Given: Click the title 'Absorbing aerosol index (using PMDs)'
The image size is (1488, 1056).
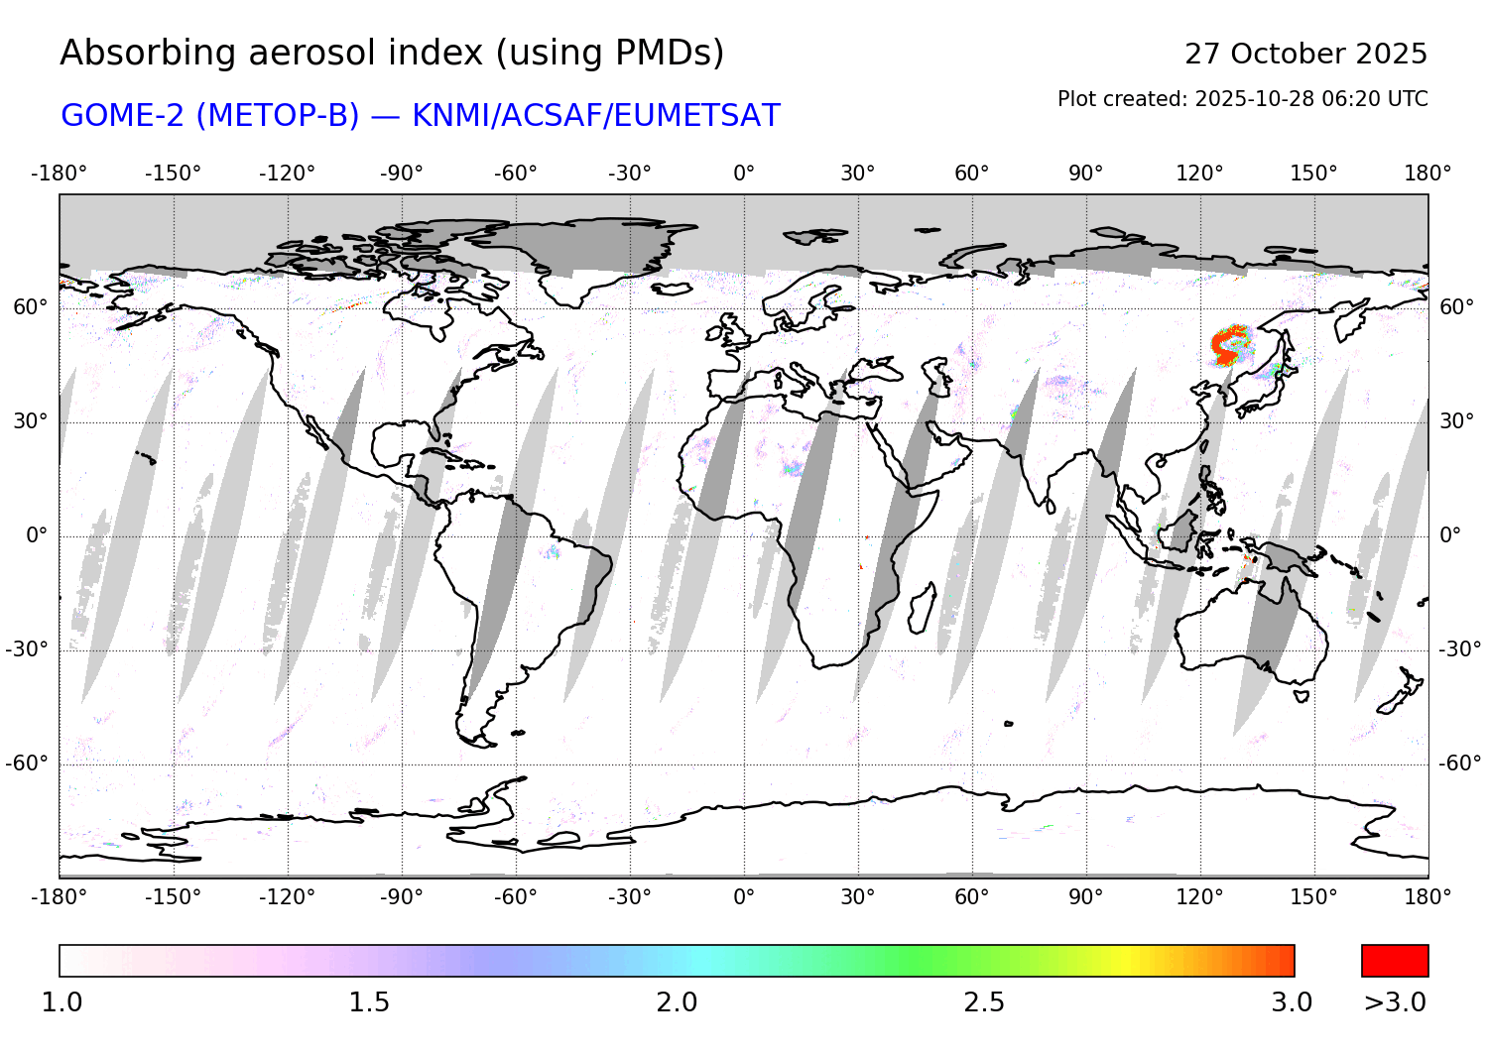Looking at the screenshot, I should [392, 53].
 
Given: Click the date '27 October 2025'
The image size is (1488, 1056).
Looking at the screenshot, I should [1305, 54].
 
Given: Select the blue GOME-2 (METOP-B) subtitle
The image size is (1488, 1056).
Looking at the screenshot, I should [421, 115].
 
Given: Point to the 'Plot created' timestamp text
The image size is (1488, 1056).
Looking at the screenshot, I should [1242, 99].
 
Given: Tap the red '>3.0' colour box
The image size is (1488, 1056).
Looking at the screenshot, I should [1395, 961].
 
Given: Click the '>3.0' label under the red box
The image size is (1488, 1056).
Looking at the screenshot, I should [1395, 1002].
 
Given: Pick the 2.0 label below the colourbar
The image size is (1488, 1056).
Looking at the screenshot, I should [677, 1002].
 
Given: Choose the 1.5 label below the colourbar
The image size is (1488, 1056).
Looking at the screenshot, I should [369, 1002].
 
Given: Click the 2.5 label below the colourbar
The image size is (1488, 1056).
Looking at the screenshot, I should [984, 1002].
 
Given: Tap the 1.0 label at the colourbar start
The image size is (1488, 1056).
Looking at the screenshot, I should [62, 1002].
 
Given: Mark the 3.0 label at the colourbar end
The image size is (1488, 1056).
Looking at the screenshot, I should [1292, 1002].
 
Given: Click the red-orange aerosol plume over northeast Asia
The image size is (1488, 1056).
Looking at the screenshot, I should [1230, 345].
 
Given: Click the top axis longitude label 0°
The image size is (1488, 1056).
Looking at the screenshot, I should [744, 174].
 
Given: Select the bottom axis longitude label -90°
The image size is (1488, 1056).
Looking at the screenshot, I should [401, 897].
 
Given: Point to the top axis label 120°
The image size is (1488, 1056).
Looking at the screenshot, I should [1199, 174].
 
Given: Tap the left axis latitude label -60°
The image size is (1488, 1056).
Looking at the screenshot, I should [27, 763].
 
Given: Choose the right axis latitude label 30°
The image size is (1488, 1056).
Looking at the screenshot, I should [1456, 421].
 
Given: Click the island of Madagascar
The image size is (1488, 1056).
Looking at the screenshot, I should [922, 608].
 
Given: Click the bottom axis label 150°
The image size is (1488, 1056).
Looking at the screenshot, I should [1313, 897].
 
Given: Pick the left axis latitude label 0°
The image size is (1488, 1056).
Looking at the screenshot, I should [37, 535].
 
